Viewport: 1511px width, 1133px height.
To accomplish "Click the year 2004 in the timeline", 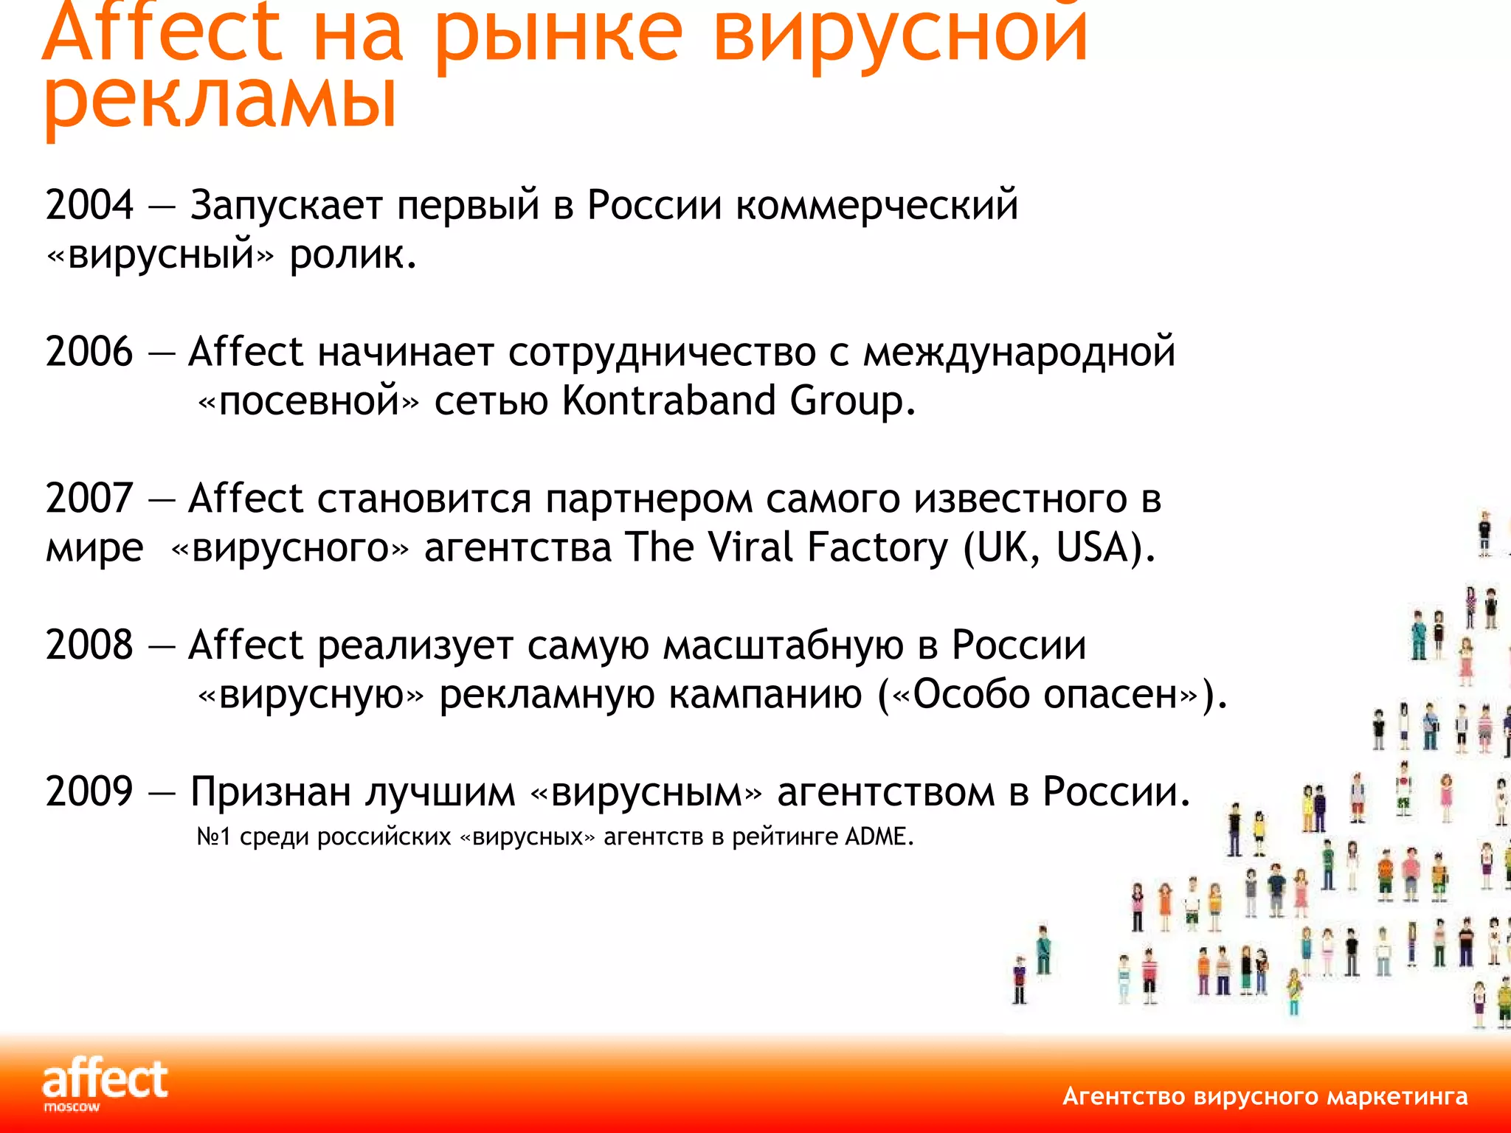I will pos(89,205).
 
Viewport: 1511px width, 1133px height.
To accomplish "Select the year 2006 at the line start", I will pos(89,352).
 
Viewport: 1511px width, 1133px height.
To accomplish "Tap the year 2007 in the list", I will pos(89,499).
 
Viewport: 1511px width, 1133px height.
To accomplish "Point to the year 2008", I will pos(89,645).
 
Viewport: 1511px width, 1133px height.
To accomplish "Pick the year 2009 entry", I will pos(89,792).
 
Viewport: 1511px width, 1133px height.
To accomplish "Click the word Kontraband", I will pos(668,401).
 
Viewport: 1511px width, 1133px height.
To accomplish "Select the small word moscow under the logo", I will pos(72,1107).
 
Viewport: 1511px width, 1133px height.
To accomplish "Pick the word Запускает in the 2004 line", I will pos(286,205).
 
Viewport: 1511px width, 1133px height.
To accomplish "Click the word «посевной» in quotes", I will pos(308,401).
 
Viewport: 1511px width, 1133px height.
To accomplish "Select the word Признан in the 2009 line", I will pos(271,792).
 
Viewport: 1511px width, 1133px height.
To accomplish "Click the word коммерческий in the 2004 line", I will pos(876,205).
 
